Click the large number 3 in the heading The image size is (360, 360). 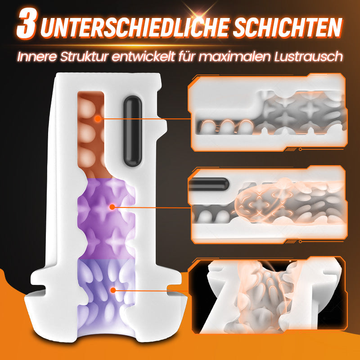click(27, 24)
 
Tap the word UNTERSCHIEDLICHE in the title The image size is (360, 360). click(135, 27)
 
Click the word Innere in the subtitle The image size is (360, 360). click(36, 57)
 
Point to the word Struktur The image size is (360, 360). click(84, 57)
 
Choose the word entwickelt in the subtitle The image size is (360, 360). click(144, 57)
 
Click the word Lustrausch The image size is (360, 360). click(308, 57)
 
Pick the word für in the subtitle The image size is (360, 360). click(187, 57)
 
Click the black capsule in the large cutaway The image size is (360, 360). click(132, 131)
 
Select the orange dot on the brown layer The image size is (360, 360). click(98, 119)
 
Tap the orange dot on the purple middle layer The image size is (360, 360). click(112, 207)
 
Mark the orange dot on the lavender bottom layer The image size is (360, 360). click(113, 290)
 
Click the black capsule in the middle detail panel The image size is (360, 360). click(208, 184)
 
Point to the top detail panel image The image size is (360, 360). click(268, 112)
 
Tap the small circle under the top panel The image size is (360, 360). click(300, 149)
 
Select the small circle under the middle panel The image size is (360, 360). click(300, 242)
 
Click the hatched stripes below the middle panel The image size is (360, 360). click(291, 242)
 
